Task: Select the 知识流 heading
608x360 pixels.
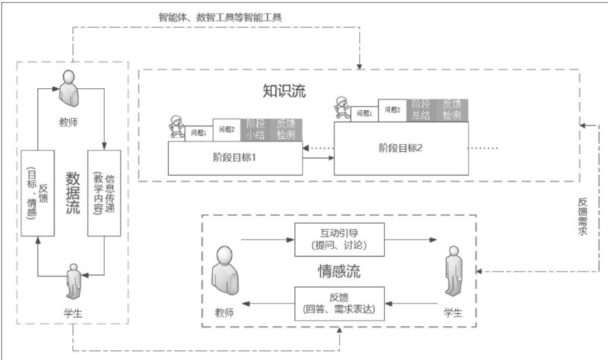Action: [284, 90]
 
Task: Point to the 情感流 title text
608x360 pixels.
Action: [338, 270]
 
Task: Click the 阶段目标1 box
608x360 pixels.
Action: [235, 157]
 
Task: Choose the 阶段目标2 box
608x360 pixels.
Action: [401, 148]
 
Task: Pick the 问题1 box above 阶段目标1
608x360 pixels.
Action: [199, 132]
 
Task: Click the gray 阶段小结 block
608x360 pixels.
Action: [256, 129]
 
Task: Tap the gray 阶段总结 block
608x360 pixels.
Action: [421, 110]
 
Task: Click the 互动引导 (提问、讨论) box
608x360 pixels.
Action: [338, 239]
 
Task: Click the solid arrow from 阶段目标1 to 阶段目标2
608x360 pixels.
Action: [318, 159]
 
